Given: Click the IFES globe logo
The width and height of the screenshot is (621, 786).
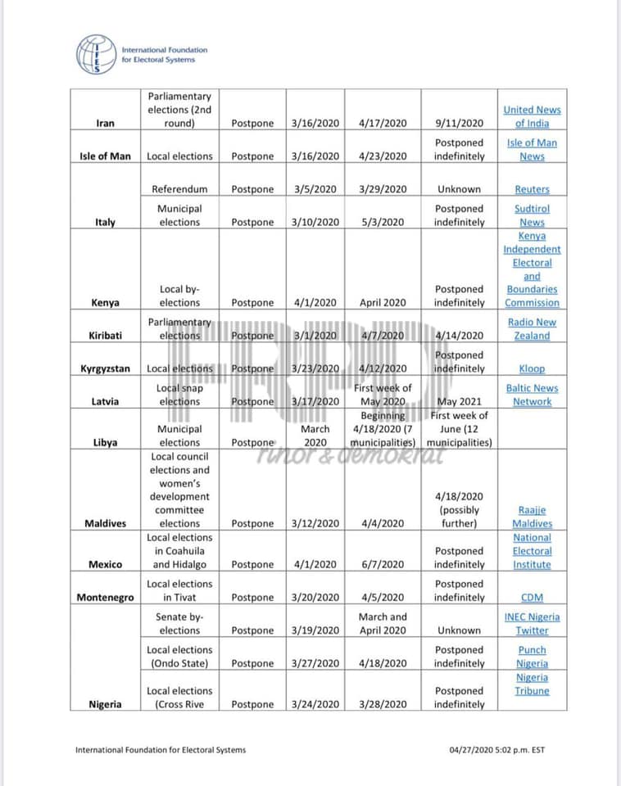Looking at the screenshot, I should pyautogui.click(x=97, y=55).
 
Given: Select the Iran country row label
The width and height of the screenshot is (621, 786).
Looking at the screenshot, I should pyautogui.click(x=105, y=124).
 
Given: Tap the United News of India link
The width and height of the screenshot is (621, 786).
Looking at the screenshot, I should pyautogui.click(x=532, y=116).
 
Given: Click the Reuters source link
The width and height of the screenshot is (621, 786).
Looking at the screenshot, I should pyautogui.click(x=532, y=189).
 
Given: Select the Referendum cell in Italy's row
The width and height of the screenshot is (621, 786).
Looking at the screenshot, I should pyautogui.click(x=179, y=189).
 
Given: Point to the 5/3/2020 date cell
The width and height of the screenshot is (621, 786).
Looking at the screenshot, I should pyautogui.click(x=383, y=222).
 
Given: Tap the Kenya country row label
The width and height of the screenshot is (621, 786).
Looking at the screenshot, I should pyautogui.click(x=105, y=303).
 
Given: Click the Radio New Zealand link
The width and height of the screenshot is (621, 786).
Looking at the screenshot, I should pyautogui.click(x=532, y=329).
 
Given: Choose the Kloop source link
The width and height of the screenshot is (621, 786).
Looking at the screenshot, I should pyautogui.click(x=532, y=369).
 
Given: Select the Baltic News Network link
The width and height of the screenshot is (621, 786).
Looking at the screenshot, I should pyautogui.click(x=532, y=395).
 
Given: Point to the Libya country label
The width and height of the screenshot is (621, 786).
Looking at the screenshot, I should pyautogui.click(x=105, y=443).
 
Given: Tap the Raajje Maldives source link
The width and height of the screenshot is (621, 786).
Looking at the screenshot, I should pyautogui.click(x=532, y=517).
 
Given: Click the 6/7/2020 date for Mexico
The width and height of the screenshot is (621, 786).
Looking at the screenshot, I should pyautogui.click(x=383, y=565).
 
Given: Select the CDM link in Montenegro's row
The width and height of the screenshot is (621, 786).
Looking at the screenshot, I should pyautogui.click(x=532, y=598).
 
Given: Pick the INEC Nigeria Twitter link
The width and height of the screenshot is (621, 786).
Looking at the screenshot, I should pyautogui.click(x=532, y=624).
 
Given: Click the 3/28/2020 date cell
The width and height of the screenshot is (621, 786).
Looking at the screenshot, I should pyautogui.click(x=383, y=704).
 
